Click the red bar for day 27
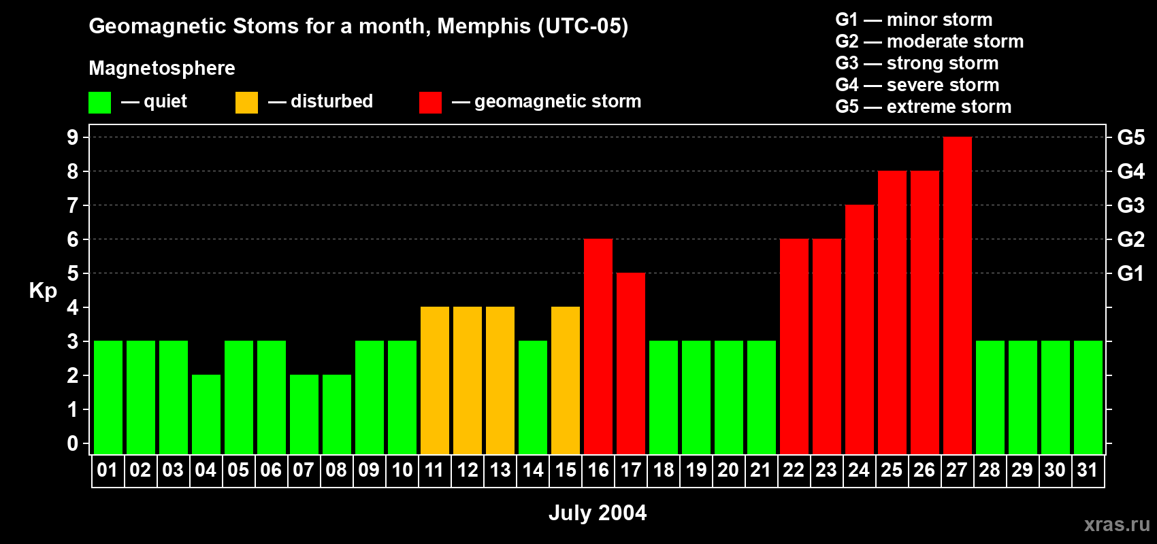click(x=957, y=296)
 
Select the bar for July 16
click(x=598, y=347)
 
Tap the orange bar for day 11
click(x=434, y=381)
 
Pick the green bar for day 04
click(x=206, y=415)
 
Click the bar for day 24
click(x=859, y=330)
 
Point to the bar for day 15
click(x=565, y=381)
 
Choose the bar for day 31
click(x=1088, y=398)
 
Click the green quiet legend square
click(x=99, y=103)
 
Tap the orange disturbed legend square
click(x=246, y=103)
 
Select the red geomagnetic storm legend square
click(x=430, y=103)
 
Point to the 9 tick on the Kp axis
click(x=73, y=137)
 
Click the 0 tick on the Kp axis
click(x=73, y=443)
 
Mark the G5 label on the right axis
click(x=1130, y=137)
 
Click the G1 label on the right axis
click(x=1130, y=273)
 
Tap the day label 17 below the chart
click(x=630, y=470)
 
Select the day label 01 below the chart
click(x=108, y=470)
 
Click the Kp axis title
click(x=43, y=290)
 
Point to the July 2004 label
click(x=598, y=513)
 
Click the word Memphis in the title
click(x=483, y=26)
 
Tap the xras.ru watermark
click(x=1117, y=524)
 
